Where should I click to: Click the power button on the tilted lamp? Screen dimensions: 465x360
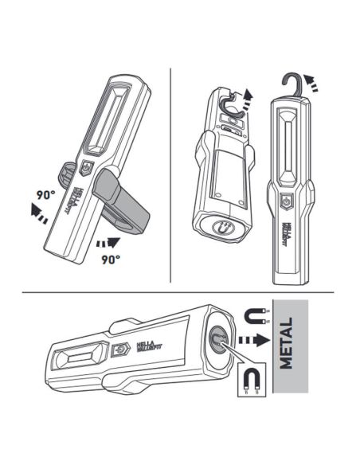[x=88, y=168]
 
